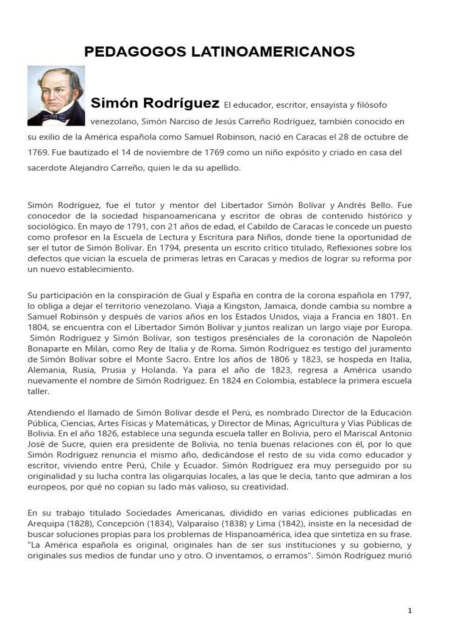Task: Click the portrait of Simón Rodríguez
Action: (56, 96)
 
